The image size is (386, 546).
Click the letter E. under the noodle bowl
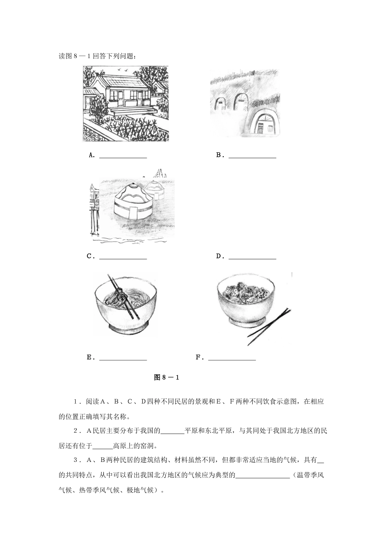point(91,357)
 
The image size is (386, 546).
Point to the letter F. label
point(200,357)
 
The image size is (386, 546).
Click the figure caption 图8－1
point(167,377)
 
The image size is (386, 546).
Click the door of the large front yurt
point(132,212)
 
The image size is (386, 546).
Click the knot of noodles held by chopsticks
point(120,295)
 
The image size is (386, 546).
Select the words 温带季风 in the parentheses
point(311,475)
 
